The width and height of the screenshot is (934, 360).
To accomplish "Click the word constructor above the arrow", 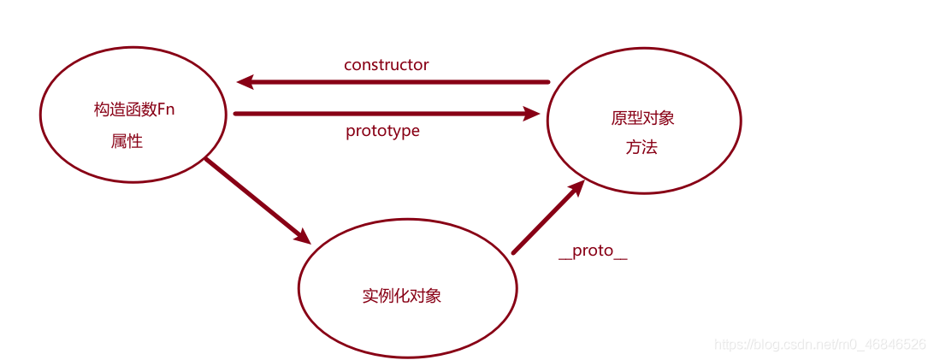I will pos(386,65).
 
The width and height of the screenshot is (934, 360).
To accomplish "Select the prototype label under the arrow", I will pos(382,131).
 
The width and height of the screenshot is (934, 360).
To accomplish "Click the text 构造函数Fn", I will pos(140,110).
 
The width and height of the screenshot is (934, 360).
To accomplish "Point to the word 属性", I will pos(127,142).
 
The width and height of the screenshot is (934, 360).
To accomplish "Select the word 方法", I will pos(641,147).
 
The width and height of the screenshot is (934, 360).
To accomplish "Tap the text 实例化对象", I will pos(402,296).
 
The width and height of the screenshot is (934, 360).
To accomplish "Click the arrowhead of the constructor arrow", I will pos(245,82).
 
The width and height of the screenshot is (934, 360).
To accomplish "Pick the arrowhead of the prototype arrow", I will pos(531,113).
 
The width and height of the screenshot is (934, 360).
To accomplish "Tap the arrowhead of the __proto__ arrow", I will pos(576,188).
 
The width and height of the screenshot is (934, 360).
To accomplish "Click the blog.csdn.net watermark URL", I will pos(819,345).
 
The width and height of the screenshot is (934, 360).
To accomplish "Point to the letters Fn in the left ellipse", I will pos(177,110).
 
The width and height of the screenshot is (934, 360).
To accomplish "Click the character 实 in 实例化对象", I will pos(370,296).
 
